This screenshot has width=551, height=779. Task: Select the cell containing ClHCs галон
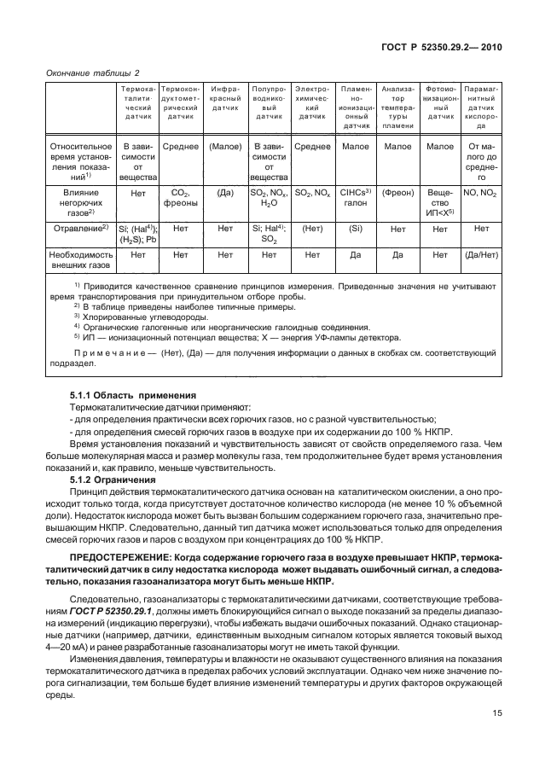[x=355, y=199]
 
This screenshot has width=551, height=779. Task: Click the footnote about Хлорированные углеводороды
[x=135, y=317]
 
